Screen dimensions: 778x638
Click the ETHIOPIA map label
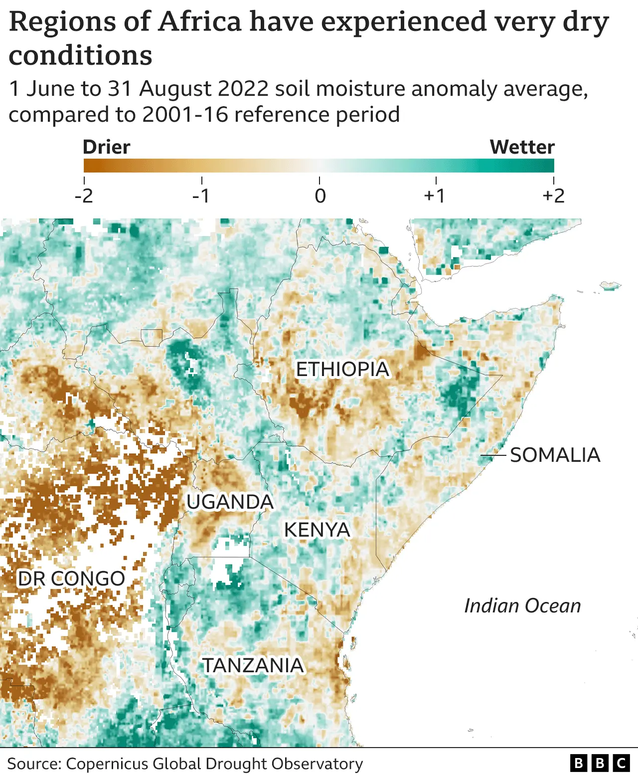point(342,370)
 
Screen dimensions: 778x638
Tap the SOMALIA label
point(555,455)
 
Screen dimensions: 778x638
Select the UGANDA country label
point(230,502)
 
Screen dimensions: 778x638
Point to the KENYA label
point(317,530)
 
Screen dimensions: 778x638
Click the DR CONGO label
point(71,579)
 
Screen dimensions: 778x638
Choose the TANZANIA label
point(253,665)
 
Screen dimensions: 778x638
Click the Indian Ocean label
point(522,605)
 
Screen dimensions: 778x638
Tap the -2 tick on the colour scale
point(84,195)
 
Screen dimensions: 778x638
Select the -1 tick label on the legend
point(201,195)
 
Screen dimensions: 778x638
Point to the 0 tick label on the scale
point(320,195)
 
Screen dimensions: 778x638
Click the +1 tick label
point(435,195)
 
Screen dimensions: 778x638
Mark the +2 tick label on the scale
point(553,195)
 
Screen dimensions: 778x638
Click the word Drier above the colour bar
point(106,147)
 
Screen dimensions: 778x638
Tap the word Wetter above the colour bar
point(522,147)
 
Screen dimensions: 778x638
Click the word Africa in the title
point(200,22)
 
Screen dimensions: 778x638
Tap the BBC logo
point(600,763)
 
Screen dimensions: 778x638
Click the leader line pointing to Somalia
point(493,455)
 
